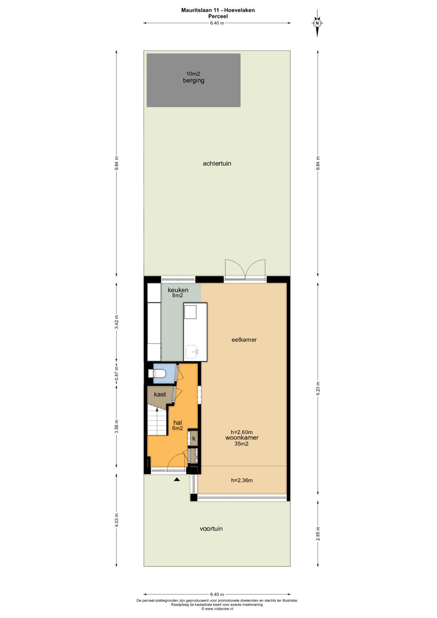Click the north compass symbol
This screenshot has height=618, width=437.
pyautogui.click(x=317, y=23)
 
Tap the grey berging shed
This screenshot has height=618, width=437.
pyautogui.click(x=193, y=80)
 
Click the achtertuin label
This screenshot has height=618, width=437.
pyautogui.click(x=217, y=164)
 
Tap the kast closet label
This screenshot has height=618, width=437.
pyautogui.click(x=160, y=394)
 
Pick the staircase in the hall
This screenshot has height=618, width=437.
pyautogui.click(x=157, y=420)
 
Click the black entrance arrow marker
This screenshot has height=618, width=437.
pyautogui.click(x=177, y=480)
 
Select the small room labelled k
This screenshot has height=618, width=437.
pyautogui.click(x=193, y=438)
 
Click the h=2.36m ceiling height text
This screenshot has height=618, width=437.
pyautogui.click(x=242, y=480)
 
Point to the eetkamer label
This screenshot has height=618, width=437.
pyautogui.click(x=244, y=340)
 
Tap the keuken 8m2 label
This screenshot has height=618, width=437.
pyautogui.click(x=178, y=293)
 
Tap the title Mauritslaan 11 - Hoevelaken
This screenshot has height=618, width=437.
pyautogui.click(x=218, y=10)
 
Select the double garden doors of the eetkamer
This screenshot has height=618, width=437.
pyautogui.click(x=245, y=269)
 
